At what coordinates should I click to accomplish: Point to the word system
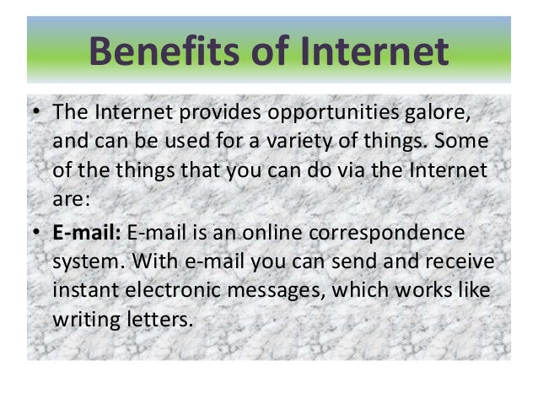[85, 261]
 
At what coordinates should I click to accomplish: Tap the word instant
[84, 291]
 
